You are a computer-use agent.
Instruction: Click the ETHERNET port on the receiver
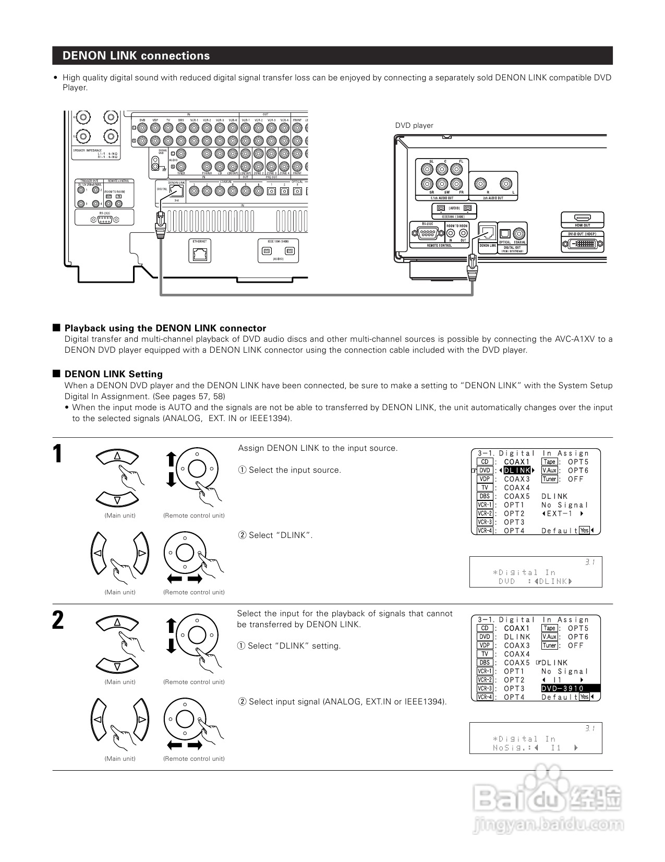(x=200, y=254)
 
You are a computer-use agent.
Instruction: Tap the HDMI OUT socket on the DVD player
(x=582, y=218)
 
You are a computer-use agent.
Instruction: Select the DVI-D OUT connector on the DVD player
(x=583, y=244)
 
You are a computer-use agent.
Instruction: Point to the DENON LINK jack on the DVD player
(x=488, y=232)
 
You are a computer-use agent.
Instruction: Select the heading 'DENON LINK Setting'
(x=113, y=374)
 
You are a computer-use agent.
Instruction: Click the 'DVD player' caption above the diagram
(x=414, y=125)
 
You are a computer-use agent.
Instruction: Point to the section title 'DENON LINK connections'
(x=136, y=56)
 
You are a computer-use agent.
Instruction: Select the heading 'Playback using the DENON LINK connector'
(x=165, y=328)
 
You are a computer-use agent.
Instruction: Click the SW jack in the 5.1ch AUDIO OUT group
(x=442, y=184)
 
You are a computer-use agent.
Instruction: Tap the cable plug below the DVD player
(x=473, y=269)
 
